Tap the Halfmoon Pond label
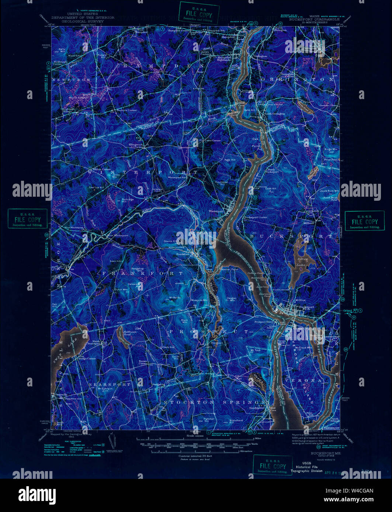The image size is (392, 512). click(x=127, y=333)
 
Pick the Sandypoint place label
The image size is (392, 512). click(x=257, y=408)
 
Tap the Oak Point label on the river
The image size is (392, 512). click(x=255, y=143)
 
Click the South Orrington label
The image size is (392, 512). click(x=274, y=114)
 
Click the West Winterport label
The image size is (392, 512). click(x=118, y=235)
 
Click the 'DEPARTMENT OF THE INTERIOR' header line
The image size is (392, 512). click(x=83, y=17)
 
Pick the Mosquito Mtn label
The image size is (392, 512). click(x=200, y=300)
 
